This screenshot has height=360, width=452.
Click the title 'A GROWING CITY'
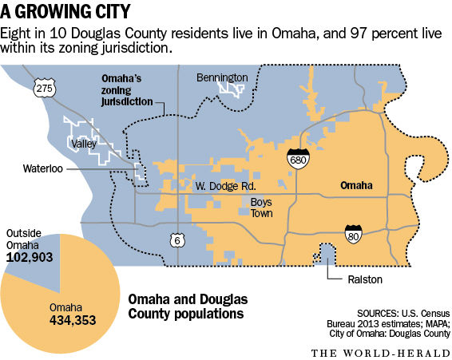67,13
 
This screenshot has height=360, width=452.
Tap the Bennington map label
222,77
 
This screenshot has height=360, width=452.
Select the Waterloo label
42,168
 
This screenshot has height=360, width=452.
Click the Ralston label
348,279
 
